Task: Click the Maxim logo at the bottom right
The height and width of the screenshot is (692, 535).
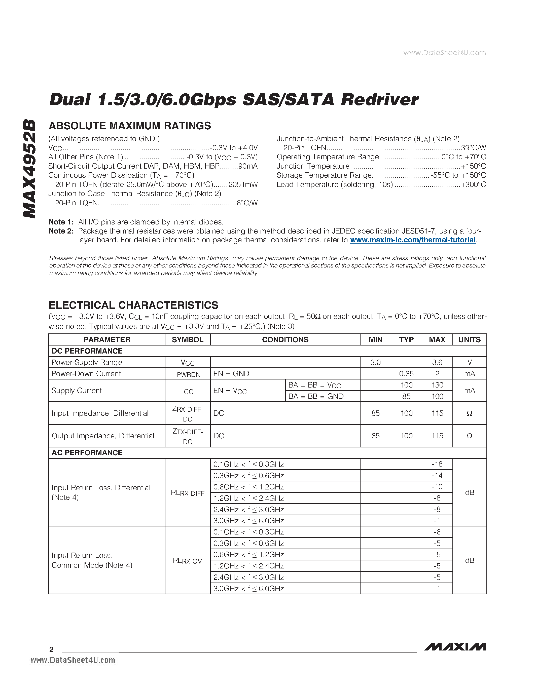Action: click(x=455, y=647)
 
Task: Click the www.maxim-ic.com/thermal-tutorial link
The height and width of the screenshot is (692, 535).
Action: click(x=413, y=240)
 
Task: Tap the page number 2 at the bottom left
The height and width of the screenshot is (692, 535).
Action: click(x=51, y=649)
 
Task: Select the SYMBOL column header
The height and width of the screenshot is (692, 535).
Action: click(x=187, y=340)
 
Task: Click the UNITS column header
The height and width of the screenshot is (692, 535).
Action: click(x=469, y=340)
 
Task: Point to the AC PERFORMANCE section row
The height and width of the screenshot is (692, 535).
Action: click(x=87, y=452)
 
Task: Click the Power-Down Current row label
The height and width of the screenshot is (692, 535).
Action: click(x=86, y=374)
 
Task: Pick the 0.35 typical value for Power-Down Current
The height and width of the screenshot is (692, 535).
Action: click(x=406, y=374)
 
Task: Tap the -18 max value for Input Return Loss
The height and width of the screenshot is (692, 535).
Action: click(x=437, y=464)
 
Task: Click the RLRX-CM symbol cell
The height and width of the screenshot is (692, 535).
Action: click(x=187, y=561)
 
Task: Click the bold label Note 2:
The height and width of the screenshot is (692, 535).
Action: click(x=61, y=231)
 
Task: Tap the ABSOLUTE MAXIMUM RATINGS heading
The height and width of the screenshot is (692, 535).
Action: click(x=130, y=126)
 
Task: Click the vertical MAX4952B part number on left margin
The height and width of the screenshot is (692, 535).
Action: click(x=29, y=169)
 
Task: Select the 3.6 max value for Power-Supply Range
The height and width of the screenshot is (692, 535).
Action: click(x=437, y=362)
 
